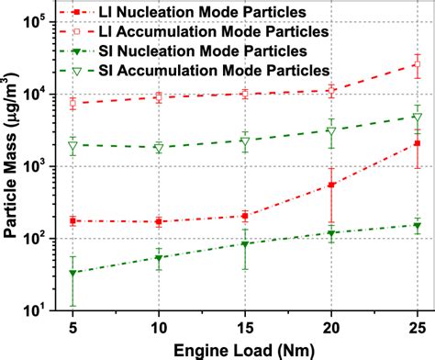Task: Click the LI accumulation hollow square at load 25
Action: pyautogui.click(x=418, y=65)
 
